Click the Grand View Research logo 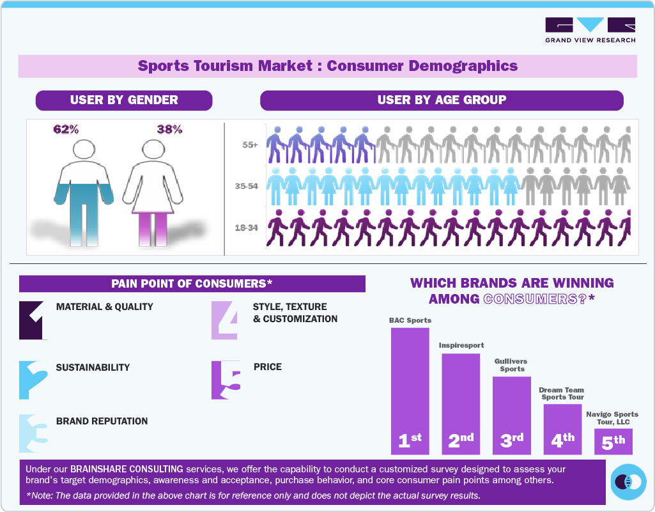tap(590, 30)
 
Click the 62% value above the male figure tap(66, 129)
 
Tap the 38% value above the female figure tap(169, 129)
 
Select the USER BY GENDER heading tap(124, 100)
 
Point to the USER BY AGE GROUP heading tap(442, 100)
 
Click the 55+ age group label tap(250, 145)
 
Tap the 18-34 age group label tap(247, 228)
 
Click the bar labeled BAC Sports tap(410, 390)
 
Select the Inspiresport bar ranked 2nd tap(460, 403)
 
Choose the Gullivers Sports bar tap(511, 415)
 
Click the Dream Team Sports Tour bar tap(562, 428)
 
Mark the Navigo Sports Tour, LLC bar tap(613, 441)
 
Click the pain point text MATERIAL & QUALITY tap(105, 307)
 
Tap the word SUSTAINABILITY tap(93, 368)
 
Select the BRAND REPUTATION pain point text tap(102, 421)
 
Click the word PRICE tap(267, 367)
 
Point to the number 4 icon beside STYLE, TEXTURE tap(224, 320)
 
